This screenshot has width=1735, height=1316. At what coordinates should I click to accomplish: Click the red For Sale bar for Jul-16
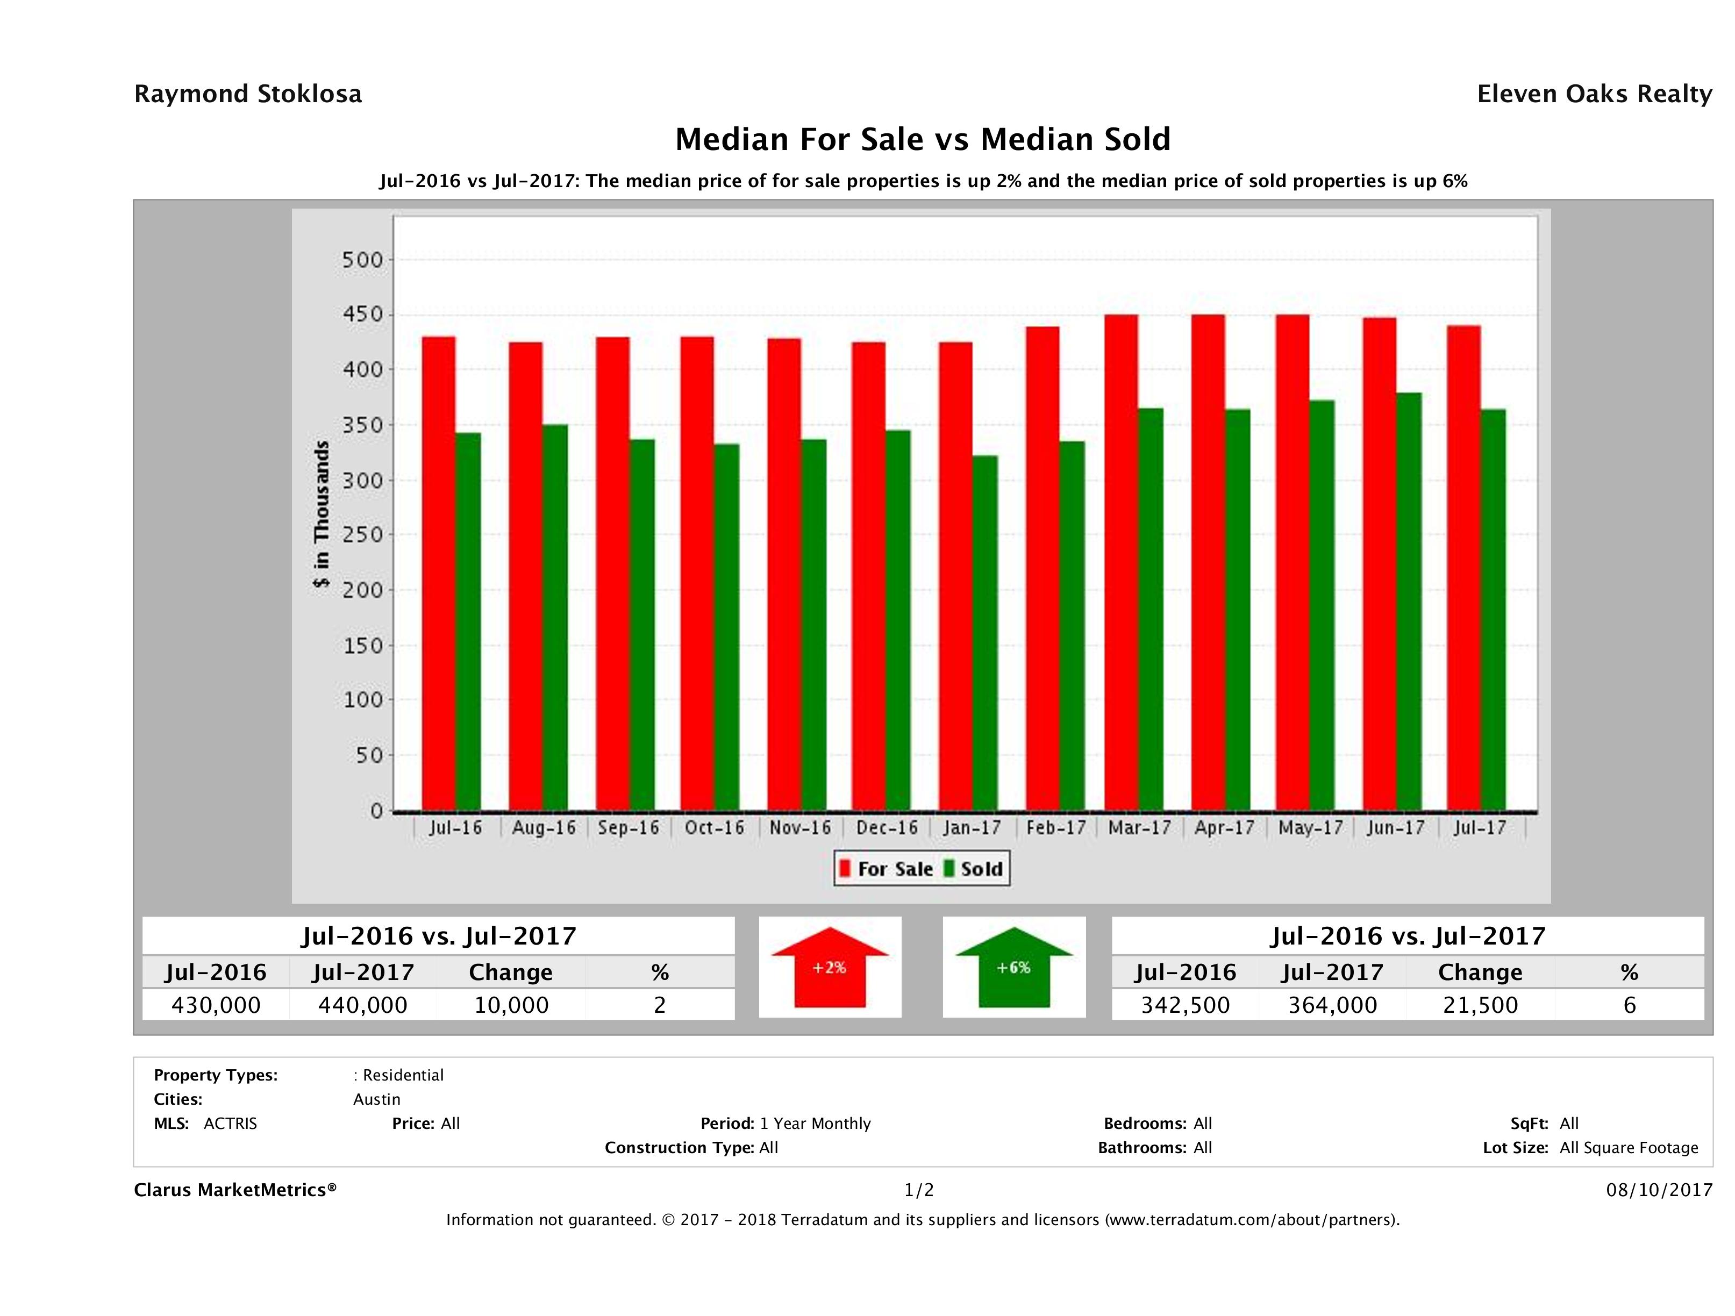click(439, 573)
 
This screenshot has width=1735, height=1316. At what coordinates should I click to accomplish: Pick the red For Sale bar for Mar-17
click(1121, 562)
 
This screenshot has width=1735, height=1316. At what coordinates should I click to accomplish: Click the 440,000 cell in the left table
click(362, 1005)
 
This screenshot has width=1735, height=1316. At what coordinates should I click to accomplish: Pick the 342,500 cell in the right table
click(1185, 1005)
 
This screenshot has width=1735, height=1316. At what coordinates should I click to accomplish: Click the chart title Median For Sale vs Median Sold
click(923, 140)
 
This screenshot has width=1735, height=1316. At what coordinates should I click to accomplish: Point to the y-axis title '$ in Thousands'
click(322, 514)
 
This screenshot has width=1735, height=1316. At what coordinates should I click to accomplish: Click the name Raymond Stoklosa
click(248, 94)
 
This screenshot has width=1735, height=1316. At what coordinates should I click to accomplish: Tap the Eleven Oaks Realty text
click(1594, 94)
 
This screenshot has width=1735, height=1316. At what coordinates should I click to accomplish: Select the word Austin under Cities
click(376, 1099)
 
